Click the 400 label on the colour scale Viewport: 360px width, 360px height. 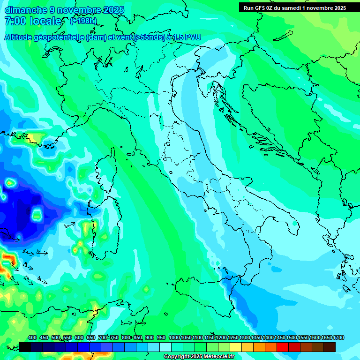32,337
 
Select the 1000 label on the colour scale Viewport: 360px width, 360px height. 174,337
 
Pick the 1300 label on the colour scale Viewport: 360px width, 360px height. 245,337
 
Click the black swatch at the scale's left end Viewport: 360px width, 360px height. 25,347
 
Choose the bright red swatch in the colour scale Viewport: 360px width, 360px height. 283,347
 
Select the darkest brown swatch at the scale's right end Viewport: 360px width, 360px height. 330,347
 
